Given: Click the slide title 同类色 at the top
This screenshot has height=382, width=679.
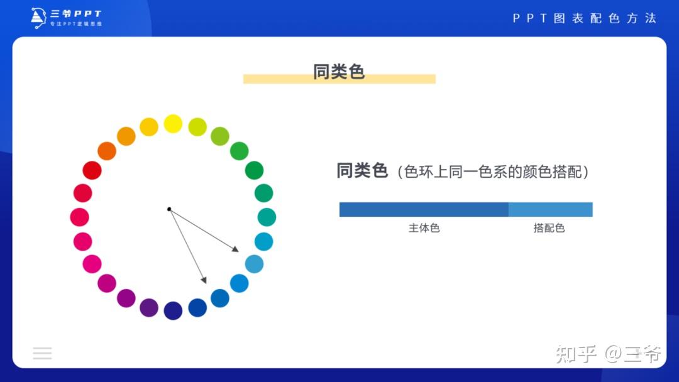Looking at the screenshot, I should (339, 72).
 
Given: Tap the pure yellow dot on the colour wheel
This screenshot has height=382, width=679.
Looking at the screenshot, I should (173, 124).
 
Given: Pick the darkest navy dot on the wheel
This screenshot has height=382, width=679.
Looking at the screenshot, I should (173, 310).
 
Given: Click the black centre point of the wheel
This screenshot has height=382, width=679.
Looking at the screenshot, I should (169, 209).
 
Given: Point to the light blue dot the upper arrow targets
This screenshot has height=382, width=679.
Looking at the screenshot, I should (254, 264).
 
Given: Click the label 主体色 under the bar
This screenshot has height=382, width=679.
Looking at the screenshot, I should (424, 228).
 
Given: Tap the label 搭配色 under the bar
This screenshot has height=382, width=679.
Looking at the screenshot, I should (549, 228).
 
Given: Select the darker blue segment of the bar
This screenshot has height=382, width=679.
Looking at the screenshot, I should (423, 209).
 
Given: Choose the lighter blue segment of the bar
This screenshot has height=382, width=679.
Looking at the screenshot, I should (550, 209).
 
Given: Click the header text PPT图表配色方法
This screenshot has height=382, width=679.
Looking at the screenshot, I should (584, 18).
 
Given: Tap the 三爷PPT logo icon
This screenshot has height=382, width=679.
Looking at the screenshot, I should (38, 18).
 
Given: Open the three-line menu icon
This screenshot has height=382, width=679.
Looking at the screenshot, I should (42, 353).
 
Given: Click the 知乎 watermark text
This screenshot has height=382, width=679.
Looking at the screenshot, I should (576, 354).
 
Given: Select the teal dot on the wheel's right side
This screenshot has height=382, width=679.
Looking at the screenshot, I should (267, 217).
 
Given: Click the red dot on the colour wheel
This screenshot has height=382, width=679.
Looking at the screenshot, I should (92, 170).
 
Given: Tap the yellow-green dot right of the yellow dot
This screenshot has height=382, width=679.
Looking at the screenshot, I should (197, 127).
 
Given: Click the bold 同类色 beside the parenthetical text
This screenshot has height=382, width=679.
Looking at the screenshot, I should (362, 170).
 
